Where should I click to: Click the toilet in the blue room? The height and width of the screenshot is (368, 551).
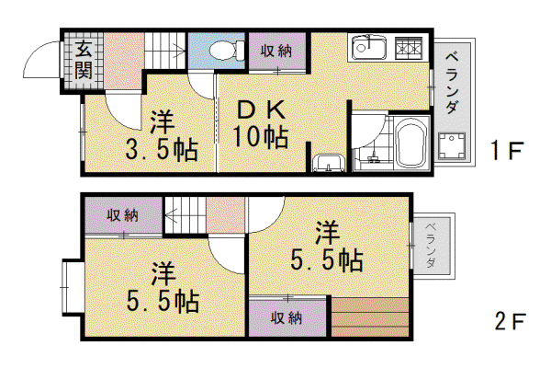click(x=227, y=50)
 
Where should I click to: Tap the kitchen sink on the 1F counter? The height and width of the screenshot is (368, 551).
click(x=369, y=47)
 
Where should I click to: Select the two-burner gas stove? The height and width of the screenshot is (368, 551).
click(x=409, y=48)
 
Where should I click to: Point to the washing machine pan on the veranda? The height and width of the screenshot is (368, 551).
click(x=452, y=145)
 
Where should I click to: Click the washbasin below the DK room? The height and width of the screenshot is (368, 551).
click(x=329, y=163)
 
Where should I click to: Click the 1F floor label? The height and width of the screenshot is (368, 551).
click(x=508, y=150)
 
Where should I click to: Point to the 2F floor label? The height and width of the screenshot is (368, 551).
click(x=511, y=321)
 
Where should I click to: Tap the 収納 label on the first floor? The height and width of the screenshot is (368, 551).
click(x=276, y=52)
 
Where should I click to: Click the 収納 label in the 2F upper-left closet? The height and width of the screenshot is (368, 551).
click(x=123, y=215)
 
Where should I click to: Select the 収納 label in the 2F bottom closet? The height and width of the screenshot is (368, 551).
click(x=287, y=318)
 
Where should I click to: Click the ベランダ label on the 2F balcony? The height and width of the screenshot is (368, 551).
click(x=431, y=245)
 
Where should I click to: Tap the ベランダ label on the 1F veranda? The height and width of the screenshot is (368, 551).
click(x=452, y=83)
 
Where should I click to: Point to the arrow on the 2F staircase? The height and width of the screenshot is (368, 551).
click(x=185, y=214)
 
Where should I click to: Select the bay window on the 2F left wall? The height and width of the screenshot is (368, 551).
click(x=72, y=287)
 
